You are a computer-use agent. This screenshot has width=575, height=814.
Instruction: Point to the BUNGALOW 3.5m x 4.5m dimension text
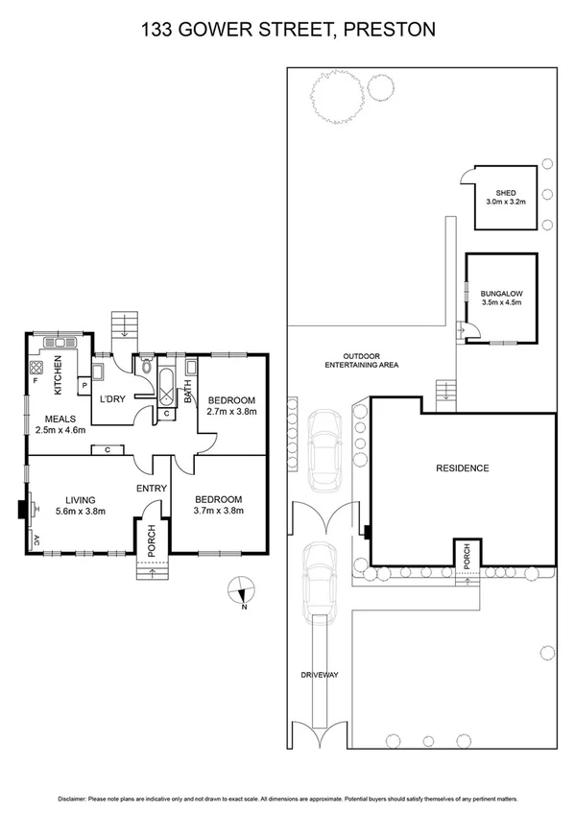[500, 303]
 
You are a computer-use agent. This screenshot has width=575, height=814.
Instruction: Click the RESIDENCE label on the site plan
[463, 468]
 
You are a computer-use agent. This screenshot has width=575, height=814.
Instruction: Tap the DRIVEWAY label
[321, 675]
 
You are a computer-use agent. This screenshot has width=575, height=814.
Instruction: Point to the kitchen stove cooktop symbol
[38, 366]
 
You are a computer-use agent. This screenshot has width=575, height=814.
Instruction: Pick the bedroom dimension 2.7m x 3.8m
[231, 412]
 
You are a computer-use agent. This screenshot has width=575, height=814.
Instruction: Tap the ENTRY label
[152, 489]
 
